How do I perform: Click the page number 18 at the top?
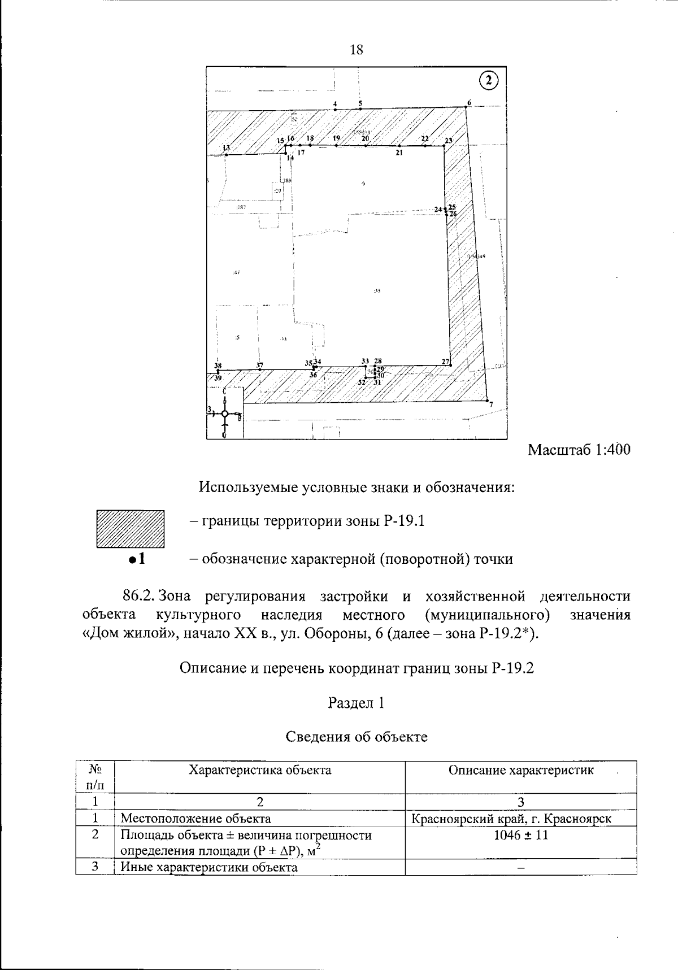(357, 50)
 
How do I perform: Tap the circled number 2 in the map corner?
(489, 80)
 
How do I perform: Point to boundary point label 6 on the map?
(468, 103)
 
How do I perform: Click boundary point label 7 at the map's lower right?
(491, 404)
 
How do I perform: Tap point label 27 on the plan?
(445, 362)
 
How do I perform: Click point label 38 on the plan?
(218, 366)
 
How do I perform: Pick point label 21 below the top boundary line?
(399, 153)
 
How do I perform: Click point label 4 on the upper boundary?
(335, 104)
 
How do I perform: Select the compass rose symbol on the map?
(225, 414)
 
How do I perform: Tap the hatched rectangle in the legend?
(130, 529)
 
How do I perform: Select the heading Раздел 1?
(357, 703)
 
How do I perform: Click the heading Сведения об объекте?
(357, 737)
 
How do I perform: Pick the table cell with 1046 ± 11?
(520, 835)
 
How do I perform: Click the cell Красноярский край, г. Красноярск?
(511, 819)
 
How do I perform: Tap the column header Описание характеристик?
(521, 770)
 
